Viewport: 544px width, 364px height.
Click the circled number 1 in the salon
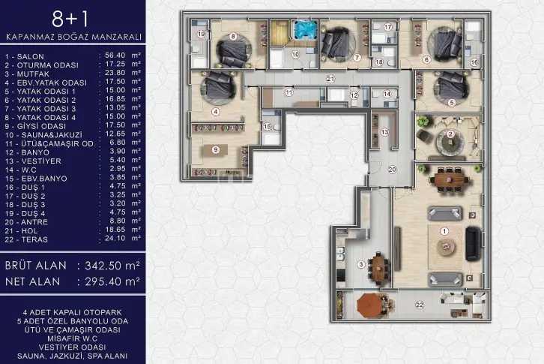[x=444, y=231]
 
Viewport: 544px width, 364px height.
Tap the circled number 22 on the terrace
[x=420, y=305]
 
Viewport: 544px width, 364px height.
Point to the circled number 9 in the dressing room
[x=216, y=149]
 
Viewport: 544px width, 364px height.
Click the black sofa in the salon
[x=474, y=243]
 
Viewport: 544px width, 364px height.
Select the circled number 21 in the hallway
[x=330, y=79]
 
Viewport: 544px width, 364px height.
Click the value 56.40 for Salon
[x=115, y=56]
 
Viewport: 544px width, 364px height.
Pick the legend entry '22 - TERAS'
[x=26, y=239]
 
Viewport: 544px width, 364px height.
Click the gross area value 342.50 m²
[x=112, y=266]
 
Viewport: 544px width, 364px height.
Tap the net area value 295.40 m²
[x=112, y=281]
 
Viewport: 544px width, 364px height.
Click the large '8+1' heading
[x=70, y=19]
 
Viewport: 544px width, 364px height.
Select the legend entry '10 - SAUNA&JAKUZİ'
[x=43, y=135]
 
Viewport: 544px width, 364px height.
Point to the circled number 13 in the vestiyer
[x=384, y=132]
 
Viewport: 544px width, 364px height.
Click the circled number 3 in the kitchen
[x=361, y=265]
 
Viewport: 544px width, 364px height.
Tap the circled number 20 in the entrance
[x=392, y=170]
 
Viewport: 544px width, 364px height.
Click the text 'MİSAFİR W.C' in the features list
[x=73, y=338]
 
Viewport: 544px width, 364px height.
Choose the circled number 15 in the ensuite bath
[x=267, y=127]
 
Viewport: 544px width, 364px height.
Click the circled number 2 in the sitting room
[x=450, y=134]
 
